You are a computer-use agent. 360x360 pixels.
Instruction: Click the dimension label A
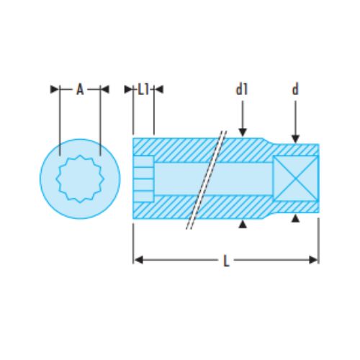pos(80,89)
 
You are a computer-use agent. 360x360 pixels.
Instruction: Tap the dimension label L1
pos(143,89)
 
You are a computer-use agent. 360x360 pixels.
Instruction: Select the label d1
pos(242,89)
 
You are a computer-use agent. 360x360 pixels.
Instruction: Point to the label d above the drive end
pos(294,89)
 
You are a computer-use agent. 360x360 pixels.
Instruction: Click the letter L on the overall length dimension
pos(226,261)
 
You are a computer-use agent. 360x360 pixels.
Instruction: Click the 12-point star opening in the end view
pos(79,178)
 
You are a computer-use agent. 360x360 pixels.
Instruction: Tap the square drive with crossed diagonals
pos(295,178)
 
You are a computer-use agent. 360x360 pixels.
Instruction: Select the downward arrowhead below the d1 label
pos(243,132)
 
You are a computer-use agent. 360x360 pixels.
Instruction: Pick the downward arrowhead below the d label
pos(294,139)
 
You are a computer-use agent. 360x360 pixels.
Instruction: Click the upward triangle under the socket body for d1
pos(243,225)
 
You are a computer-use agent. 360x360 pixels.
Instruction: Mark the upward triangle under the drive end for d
pos(294,217)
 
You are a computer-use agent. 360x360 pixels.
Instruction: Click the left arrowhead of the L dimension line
pos(138,259)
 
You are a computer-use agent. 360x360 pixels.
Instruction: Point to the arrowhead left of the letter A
pos(55,89)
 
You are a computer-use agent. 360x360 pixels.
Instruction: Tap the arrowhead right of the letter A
pos(104,89)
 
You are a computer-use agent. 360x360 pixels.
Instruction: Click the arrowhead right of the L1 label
pos(159,89)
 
